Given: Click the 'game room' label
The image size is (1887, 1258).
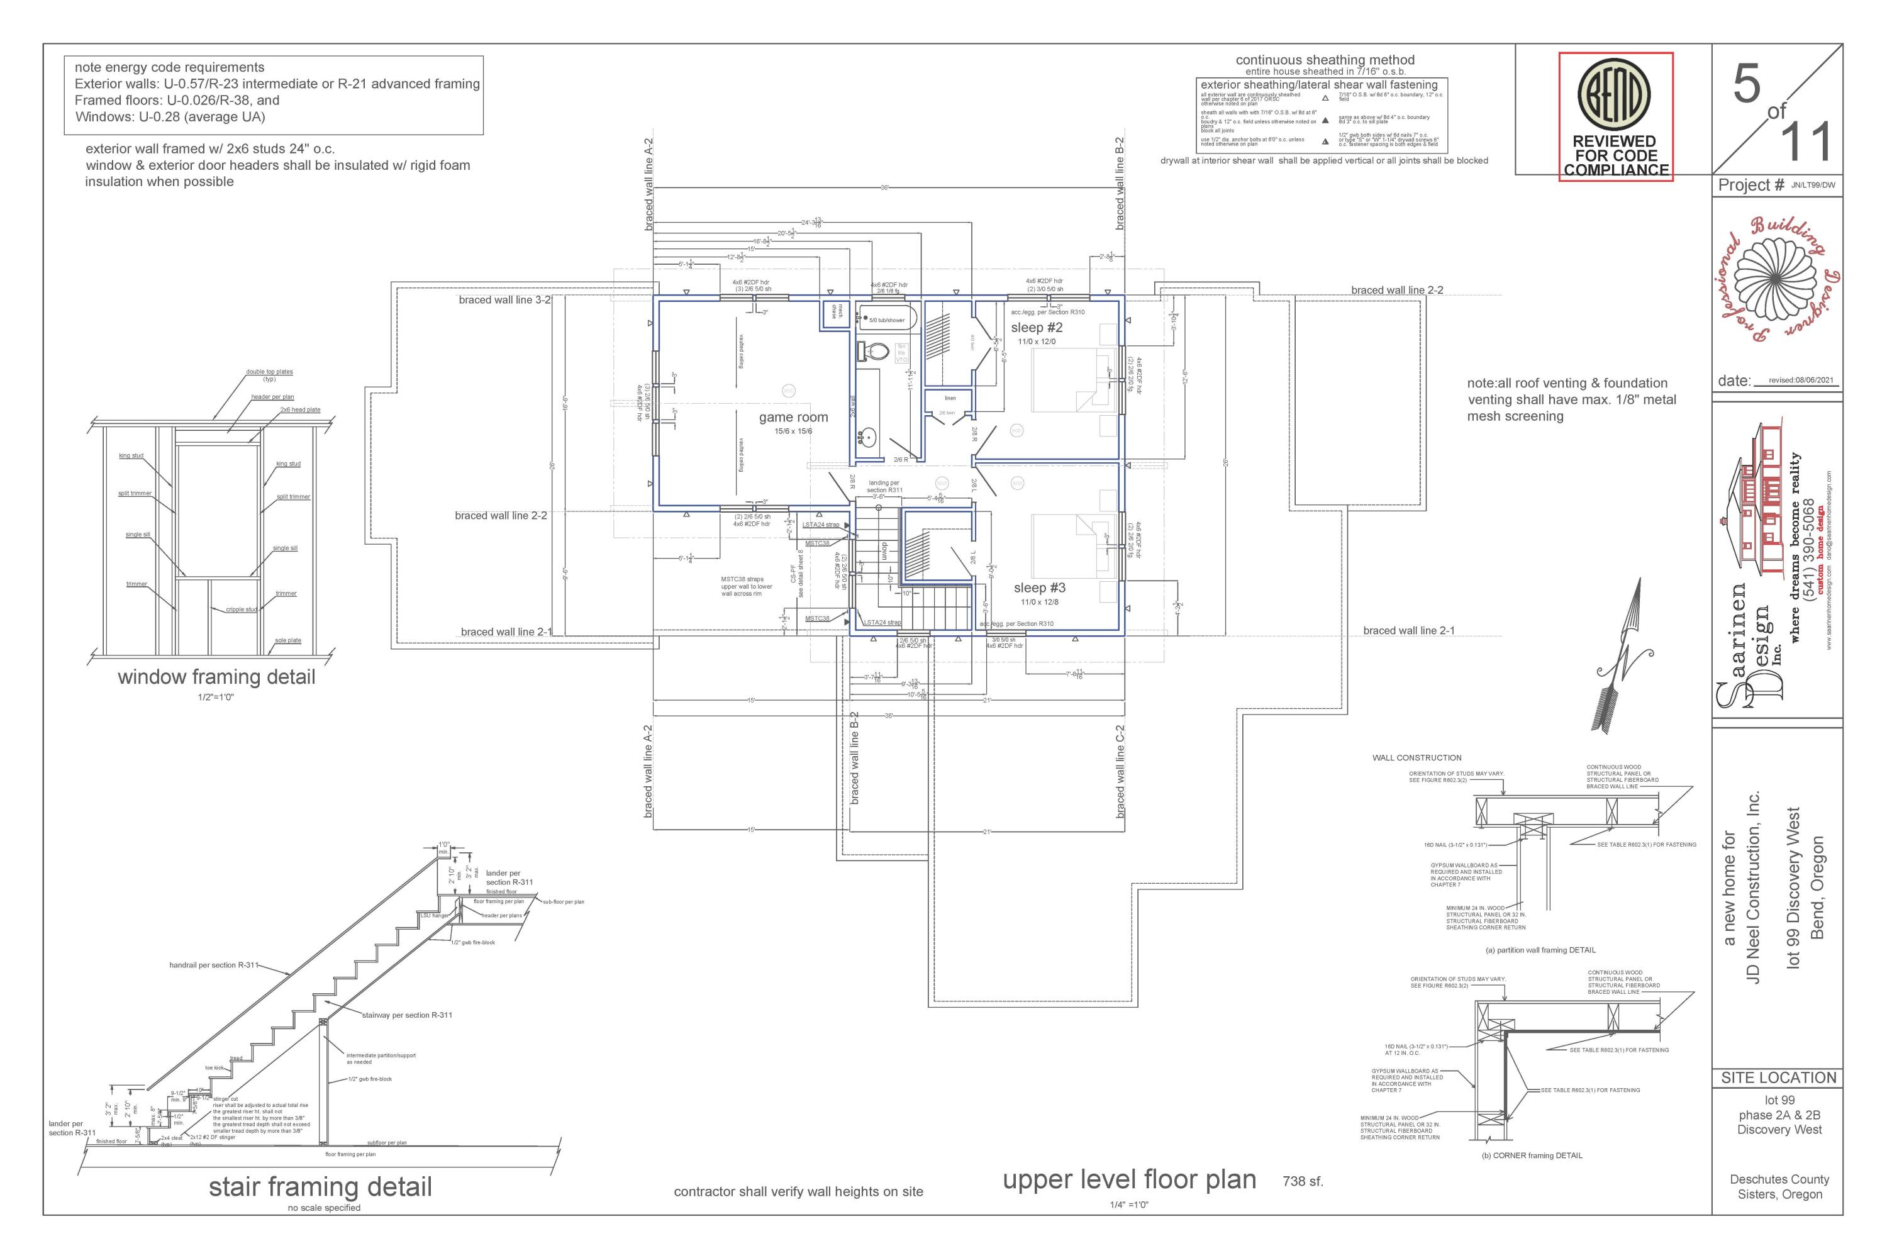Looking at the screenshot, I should tap(793, 417).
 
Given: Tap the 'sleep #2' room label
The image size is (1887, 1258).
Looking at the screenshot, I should tap(1037, 327).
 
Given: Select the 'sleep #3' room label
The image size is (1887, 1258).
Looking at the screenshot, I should tap(1039, 588).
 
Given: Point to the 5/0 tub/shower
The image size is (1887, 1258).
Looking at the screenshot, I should tap(886, 320).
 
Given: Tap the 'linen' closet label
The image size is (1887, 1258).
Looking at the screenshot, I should tap(950, 398).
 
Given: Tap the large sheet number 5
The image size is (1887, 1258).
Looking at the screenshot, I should tap(1747, 85).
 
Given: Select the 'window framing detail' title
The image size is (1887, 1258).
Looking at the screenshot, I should tap(216, 677).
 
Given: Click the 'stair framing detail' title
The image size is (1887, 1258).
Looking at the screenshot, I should tap(320, 1186).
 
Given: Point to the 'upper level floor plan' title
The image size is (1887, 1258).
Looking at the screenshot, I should tap(1129, 1179).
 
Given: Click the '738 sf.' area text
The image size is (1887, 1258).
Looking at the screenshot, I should tap(1302, 1182).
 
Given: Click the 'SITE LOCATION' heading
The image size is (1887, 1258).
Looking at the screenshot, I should tap(1778, 1077).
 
